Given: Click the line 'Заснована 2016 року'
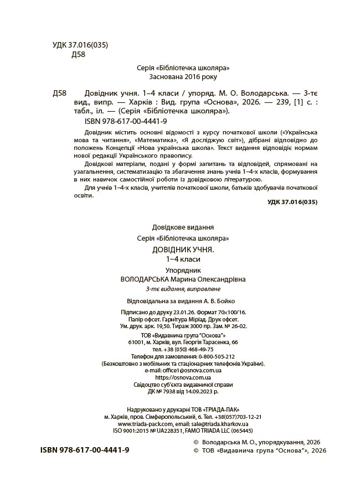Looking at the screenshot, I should [x=183, y=77].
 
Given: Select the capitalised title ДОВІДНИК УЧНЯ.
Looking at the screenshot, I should [x=183, y=250].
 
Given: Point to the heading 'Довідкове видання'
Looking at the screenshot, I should [x=183, y=227].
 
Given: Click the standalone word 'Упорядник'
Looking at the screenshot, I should [x=183, y=269].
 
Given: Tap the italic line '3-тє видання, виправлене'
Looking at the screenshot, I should [x=183, y=289].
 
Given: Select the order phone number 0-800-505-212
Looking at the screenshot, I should [x=210, y=356].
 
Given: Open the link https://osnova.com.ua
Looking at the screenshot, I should [x=183, y=377].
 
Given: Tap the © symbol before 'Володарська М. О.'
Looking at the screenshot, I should [x=194, y=443].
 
